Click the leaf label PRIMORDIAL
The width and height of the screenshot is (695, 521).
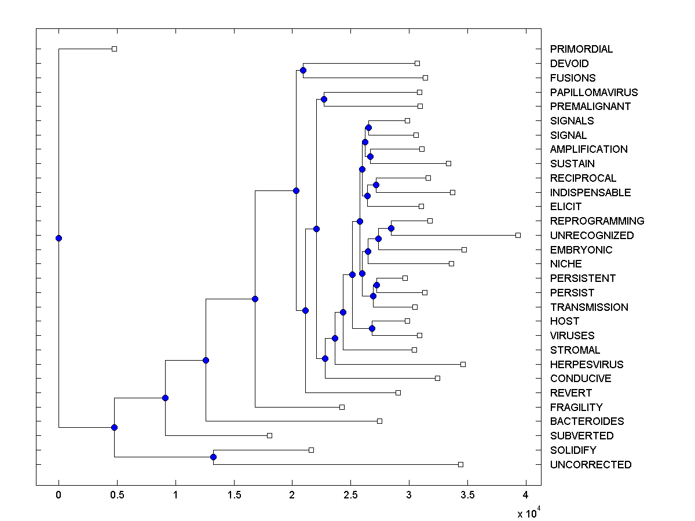coord(581,49)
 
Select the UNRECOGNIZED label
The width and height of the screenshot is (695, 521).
coord(592,236)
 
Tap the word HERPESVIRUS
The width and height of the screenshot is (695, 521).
coord(587,365)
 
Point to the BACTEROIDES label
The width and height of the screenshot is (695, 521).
coord(587,421)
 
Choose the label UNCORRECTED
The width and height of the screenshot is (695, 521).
coord(591,465)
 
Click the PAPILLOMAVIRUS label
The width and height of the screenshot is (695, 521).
coord(594,93)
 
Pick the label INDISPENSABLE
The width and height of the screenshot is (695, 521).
coord(590,193)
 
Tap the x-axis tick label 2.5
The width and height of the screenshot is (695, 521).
coord(350,495)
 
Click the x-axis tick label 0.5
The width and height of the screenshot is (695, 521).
coord(117,495)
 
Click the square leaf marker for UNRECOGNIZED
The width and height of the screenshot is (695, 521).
coord(518,235)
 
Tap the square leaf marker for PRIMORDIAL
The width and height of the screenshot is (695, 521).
coord(114,49)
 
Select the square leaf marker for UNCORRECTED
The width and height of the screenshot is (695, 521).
coord(460,464)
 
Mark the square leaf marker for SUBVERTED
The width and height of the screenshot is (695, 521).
coord(269,435)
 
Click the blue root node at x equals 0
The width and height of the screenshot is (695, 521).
coord(58,238)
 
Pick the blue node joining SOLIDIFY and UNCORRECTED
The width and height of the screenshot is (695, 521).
coord(213,457)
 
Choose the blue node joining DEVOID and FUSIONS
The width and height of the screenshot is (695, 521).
coord(303,70)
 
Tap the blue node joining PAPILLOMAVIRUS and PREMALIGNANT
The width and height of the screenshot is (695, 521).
coord(324,99)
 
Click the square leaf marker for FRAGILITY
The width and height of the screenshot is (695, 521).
coord(342,407)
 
